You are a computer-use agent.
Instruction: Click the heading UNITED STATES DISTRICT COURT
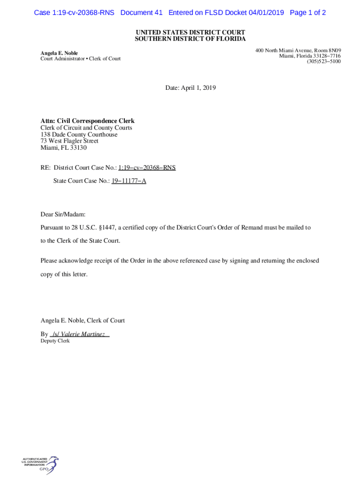click(x=190, y=32)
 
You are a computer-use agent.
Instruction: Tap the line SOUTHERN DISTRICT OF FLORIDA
click(x=190, y=39)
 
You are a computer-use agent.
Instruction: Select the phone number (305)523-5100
click(x=324, y=61)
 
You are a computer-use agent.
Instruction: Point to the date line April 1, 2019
click(x=190, y=87)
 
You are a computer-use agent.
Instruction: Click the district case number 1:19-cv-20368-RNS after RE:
click(x=147, y=167)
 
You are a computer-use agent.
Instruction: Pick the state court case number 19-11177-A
click(x=129, y=181)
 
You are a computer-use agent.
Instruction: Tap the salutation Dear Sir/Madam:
click(x=63, y=214)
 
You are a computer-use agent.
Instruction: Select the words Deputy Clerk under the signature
click(x=55, y=341)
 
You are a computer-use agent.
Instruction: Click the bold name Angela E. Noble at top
click(x=59, y=53)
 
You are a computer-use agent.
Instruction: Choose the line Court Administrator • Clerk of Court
click(x=80, y=59)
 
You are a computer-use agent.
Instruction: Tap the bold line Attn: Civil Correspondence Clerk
click(x=87, y=121)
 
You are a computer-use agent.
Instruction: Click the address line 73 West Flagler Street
click(x=69, y=141)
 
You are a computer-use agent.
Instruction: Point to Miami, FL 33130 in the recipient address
click(x=64, y=148)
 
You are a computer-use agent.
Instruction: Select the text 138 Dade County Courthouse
click(x=79, y=134)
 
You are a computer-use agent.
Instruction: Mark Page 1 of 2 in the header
click(x=308, y=13)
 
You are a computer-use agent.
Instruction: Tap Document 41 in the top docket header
click(x=141, y=13)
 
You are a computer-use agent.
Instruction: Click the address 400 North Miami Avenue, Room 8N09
click(x=298, y=50)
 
